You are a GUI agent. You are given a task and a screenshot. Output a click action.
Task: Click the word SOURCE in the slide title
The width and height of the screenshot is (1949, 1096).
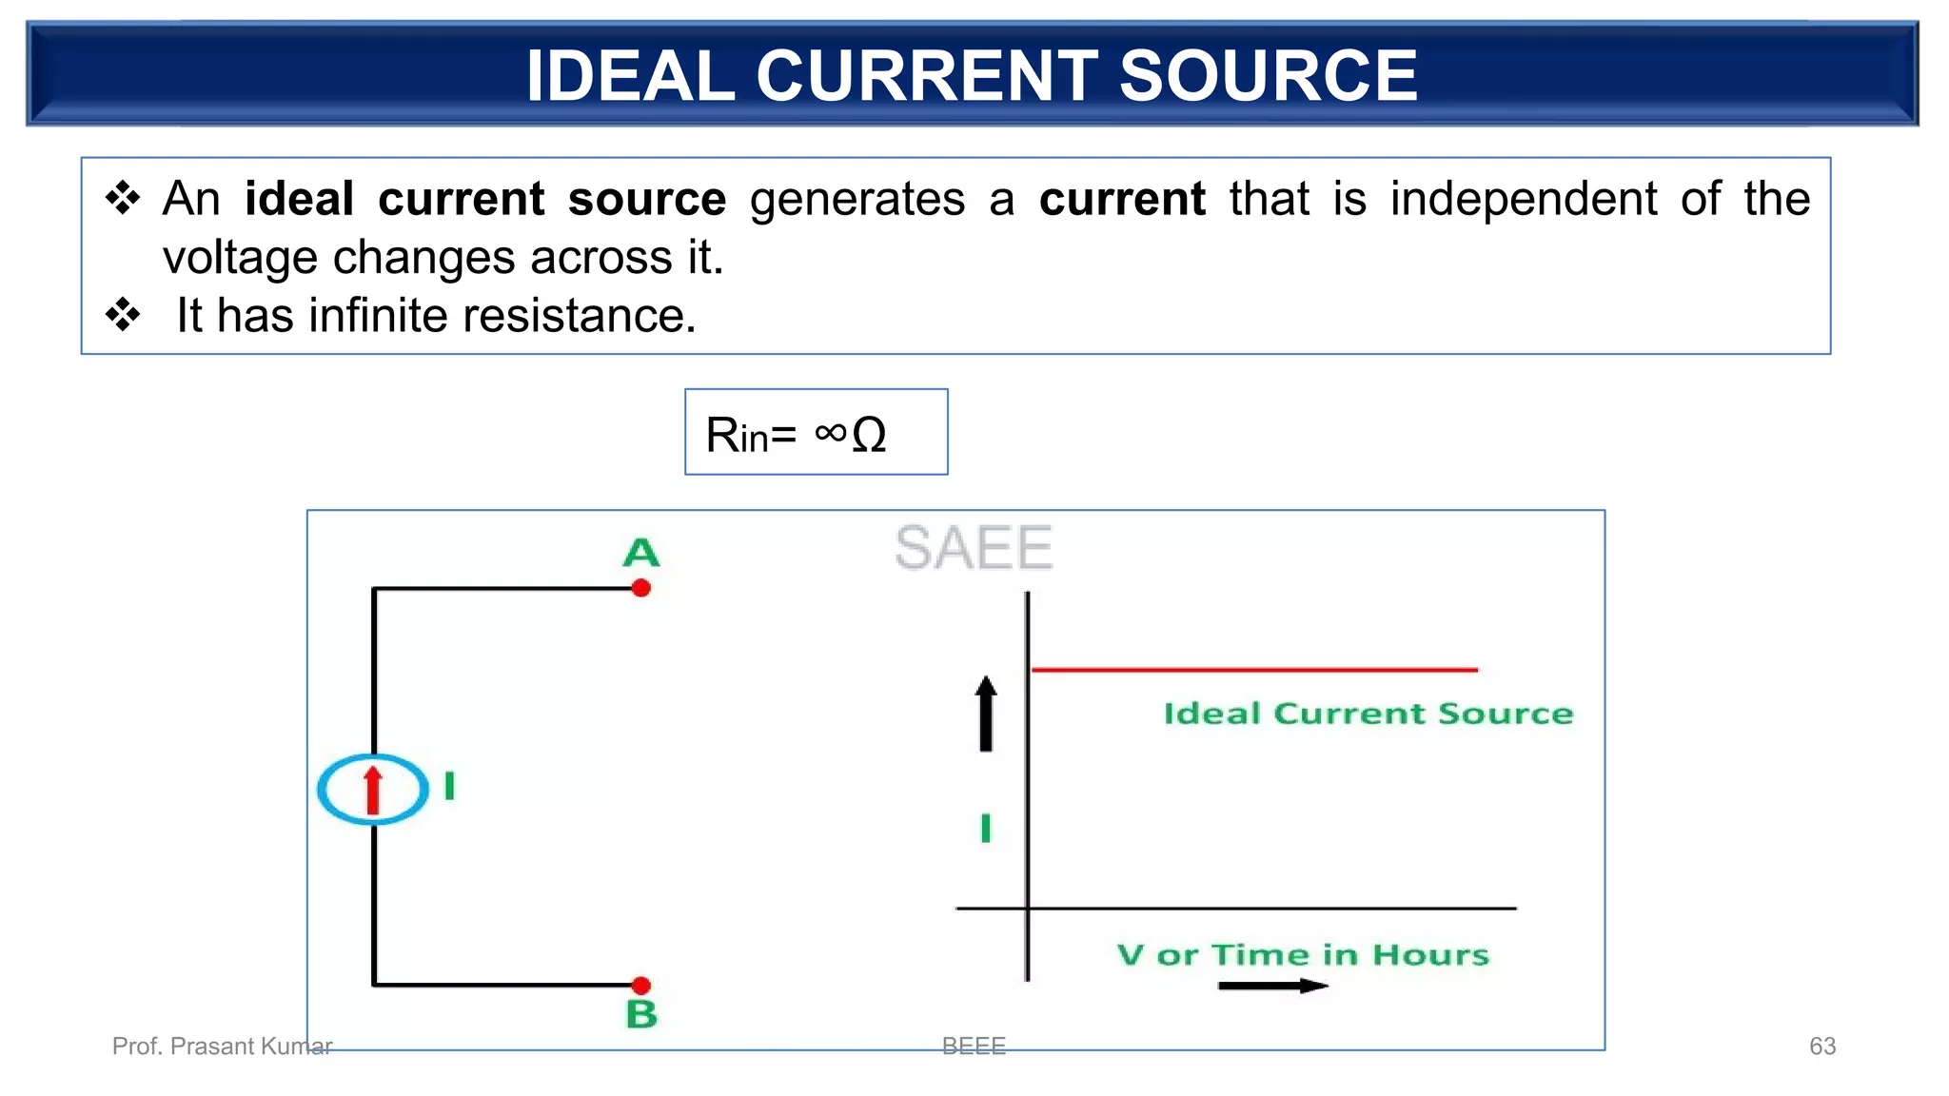(x=1268, y=76)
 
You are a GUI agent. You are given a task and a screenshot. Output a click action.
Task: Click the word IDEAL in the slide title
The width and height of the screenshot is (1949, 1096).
(x=630, y=76)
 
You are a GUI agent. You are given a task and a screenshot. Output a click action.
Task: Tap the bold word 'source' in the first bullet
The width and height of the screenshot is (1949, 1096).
(x=647, y=199)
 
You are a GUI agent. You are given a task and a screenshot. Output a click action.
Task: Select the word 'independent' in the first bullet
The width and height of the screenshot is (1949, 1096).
(x=1523, y=199)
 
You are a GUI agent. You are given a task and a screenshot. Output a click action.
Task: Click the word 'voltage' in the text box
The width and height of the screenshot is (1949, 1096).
(x=239, y=258)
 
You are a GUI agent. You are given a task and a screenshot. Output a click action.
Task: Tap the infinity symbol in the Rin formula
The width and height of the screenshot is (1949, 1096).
(x=830, y=433)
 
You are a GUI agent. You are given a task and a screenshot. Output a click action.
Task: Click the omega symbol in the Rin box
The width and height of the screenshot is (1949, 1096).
(x=869, y=435)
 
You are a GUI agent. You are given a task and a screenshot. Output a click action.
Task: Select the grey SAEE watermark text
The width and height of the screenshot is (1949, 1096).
(x=974, y=548)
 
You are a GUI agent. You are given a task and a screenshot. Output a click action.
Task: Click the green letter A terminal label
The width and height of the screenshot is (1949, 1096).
(x=640, y=553)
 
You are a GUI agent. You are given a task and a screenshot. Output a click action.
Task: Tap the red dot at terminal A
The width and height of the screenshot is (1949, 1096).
(x=641, y=588)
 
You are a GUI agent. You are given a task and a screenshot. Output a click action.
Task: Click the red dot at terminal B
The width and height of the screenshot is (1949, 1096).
(x=641, y=985)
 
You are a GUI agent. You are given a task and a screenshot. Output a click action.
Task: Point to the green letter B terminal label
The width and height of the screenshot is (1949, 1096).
(x=642, y=1014)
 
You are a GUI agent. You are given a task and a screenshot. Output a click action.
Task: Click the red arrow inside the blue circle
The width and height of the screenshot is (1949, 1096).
(x=373, y=790)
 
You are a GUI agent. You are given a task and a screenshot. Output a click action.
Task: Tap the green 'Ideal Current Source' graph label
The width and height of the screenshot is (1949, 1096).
(x=1368, y=714)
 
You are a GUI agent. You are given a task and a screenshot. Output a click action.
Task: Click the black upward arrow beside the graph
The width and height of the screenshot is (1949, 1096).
(x=986, y=713)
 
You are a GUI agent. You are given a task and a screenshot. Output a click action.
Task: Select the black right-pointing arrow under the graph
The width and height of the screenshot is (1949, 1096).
(x=1272, y=986)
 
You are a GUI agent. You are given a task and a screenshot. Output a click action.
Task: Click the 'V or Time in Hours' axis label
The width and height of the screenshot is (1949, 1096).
(x=1303, y=954)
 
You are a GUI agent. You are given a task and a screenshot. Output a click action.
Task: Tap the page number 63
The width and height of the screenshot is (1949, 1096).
(x=1821, y=1047)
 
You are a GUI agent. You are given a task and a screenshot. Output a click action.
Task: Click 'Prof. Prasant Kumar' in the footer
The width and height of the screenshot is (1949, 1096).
(x=222, y=1047)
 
